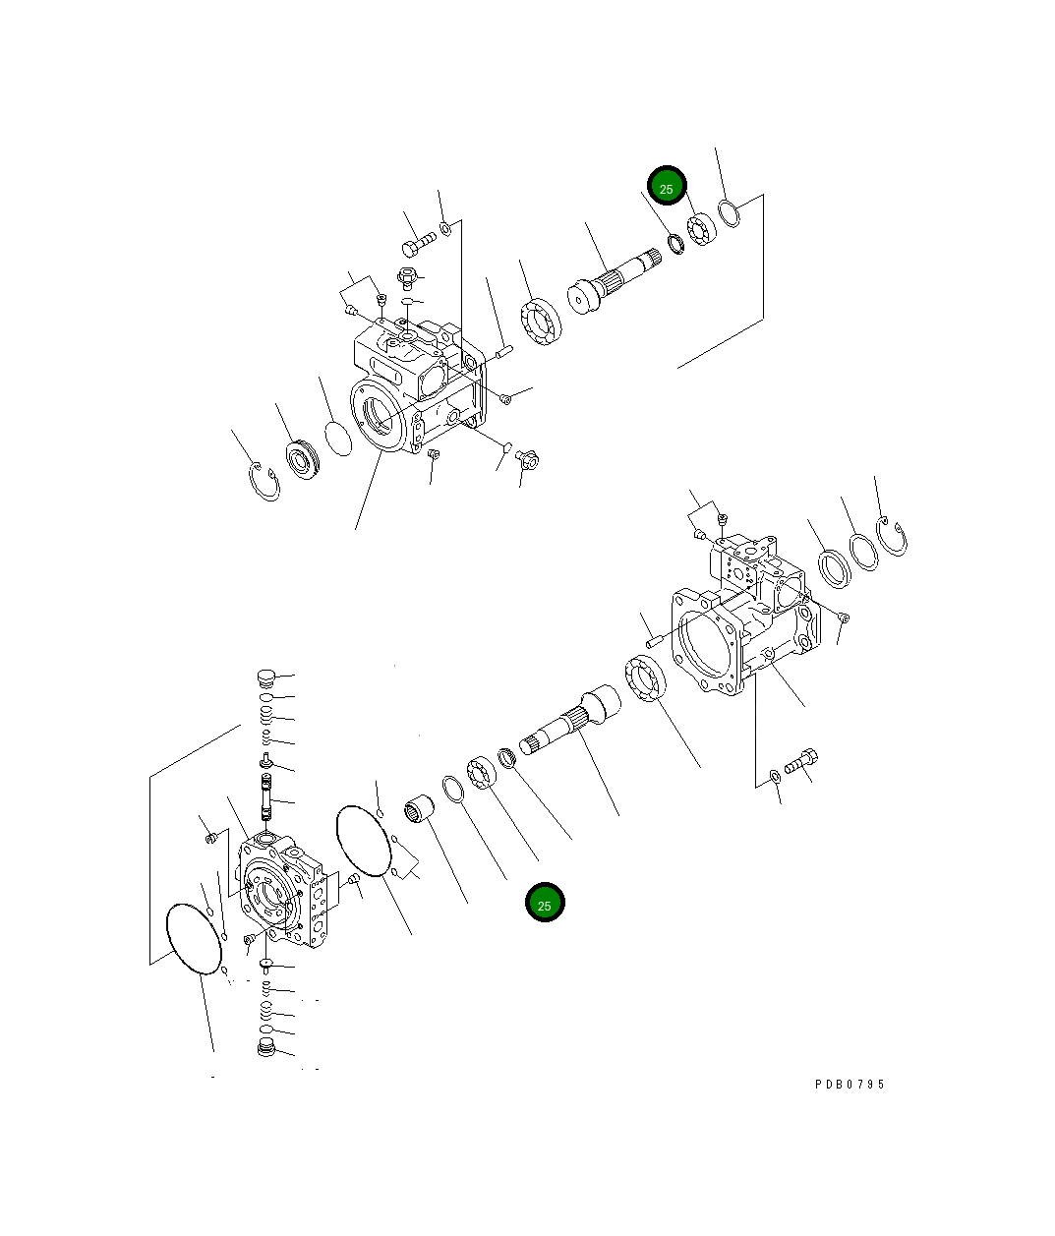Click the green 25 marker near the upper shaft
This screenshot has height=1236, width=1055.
666,187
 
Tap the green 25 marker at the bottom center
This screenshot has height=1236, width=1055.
545,904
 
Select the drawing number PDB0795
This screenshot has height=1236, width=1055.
850,1084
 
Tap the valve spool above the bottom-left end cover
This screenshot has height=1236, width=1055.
265,795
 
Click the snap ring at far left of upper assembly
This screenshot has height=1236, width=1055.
264,482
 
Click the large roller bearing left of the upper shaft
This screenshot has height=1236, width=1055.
540,323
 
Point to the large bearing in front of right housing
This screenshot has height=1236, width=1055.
646,681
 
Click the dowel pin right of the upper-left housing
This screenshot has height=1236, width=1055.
505,349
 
